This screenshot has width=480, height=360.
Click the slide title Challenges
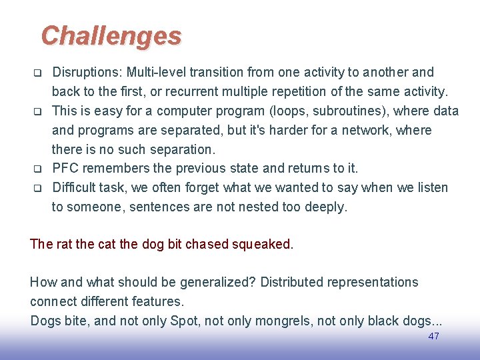click(111, 36)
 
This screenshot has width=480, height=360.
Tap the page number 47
click(433, 336)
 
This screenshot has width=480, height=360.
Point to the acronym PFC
click(66, 168)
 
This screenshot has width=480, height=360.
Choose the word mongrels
click(281, 321)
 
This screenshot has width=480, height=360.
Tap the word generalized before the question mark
click(215, 282)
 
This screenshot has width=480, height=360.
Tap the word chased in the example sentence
click(207, 244)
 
